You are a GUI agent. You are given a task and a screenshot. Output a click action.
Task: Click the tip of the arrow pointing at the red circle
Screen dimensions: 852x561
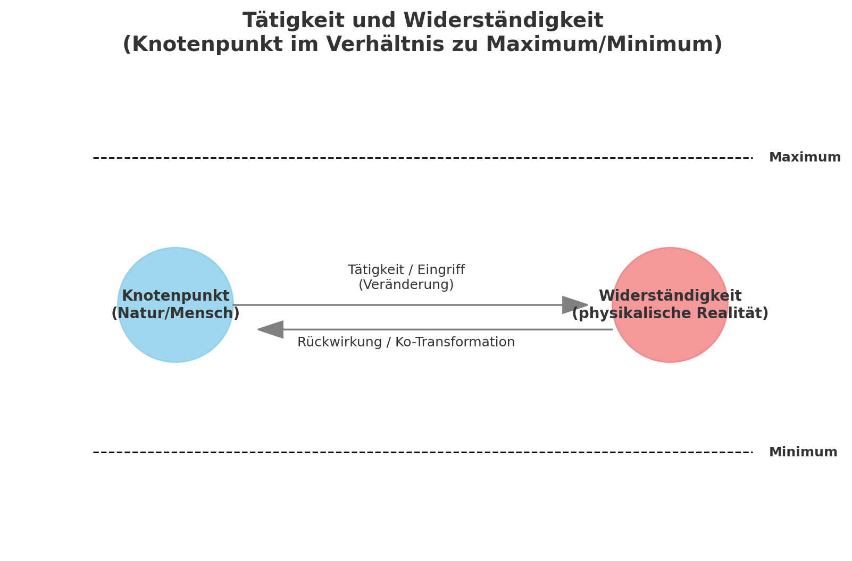pos(588,305)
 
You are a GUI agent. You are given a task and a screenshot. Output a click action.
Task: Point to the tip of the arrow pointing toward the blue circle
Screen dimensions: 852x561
pos(258,330)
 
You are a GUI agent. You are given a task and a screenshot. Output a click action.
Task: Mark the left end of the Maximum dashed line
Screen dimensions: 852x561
pos(93,158)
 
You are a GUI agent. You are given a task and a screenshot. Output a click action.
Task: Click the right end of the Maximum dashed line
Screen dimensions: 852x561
pos(753,158)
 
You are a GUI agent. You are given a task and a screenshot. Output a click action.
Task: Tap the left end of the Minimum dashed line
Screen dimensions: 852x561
pos(93,453)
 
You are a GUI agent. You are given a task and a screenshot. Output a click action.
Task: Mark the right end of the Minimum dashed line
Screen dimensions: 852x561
pos(753,453)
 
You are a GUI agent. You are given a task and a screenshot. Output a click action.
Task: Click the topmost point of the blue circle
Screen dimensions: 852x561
pos(176,248)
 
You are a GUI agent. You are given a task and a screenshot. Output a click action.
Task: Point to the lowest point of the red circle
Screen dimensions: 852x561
pos(670,362)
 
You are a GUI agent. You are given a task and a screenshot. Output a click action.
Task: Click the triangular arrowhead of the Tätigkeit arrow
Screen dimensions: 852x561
pos(574,305)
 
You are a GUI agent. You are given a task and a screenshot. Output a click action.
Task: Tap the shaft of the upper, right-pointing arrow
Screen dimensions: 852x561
pos(398,305)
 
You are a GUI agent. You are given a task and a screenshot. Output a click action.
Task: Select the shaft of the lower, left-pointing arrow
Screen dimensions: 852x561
pos(448,330)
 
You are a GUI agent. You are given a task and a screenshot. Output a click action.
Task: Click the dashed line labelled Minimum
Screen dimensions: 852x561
pos(423,453)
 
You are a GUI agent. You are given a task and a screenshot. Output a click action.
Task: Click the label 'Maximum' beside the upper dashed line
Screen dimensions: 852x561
pos(805,157)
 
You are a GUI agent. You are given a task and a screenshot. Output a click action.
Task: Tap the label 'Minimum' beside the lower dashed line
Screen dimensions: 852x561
pos(803,452)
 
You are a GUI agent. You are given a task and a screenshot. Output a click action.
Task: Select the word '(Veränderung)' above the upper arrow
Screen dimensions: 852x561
pos(406,285)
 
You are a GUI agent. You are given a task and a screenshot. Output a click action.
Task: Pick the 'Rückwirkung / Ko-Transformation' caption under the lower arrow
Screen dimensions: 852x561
pos(406,342)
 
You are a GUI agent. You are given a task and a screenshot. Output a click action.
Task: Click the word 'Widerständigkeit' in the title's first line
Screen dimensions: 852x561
pos(503,20)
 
